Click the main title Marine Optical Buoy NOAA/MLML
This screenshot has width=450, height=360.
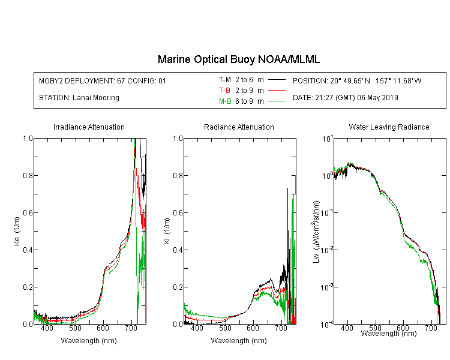pyautogui.click(x=238, y=59)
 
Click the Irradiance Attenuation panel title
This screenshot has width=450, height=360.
pyautogui.click(x=89, y=127)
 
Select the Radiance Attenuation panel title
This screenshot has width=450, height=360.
pyautogui.click(x=239, y=127)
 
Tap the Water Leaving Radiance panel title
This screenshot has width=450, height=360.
pyautogui.click(x=389, y=127)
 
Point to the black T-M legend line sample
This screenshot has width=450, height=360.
pyautogui.click(x=277, y=80)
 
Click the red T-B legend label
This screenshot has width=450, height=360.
pyautogui.click(x=224, y=91)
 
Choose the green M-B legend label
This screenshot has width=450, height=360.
pyautogui.click(x=225, y=101)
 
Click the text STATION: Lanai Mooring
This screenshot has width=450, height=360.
pyautogui.click(x=79, y=98)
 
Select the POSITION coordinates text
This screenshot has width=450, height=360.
pyautogui.click(x=357, y=80)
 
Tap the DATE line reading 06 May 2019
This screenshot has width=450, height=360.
pyautogui.click(x=345, y=98)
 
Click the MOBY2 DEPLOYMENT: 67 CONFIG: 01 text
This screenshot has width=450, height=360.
pyautogui.click(x=103, y=80)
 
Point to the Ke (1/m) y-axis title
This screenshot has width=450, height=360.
pyautogui.click(x=17, y=231)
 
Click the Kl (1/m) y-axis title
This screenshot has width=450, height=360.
pyautogui.click(x=167, y=231)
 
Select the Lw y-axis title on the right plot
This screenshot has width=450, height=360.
pyautogui.click(x=316, y=232)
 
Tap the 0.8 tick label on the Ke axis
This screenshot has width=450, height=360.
pyautogui.click(x=28, y=175)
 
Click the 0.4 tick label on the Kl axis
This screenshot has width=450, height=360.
pyautogui.click(x=178, y=250)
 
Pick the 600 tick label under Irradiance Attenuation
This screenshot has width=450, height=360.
pyautogui.click(x=103, y=328)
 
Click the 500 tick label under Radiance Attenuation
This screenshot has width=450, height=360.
pyautogui.click(x=225, y=328)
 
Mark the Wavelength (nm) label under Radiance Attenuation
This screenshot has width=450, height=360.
pyautogui.click(x=239, y=341)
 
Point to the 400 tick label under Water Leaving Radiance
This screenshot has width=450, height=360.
pyautogui.click(x=347, y=328)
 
